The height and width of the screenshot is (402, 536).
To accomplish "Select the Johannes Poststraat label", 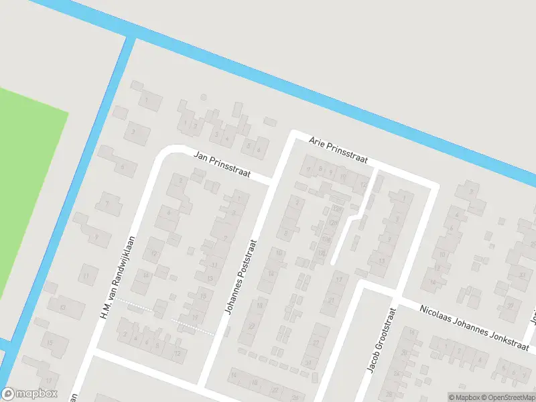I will (241, 277).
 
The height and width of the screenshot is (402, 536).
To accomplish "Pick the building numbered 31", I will (308, 362).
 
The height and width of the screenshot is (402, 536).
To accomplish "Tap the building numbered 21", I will (331, 301).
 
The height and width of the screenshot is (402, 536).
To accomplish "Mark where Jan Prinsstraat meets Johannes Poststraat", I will (273, 182).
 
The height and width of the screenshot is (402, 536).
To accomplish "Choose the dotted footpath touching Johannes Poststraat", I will (194, 326).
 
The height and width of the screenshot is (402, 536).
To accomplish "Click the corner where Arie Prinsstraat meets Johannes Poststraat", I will (293, 134).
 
